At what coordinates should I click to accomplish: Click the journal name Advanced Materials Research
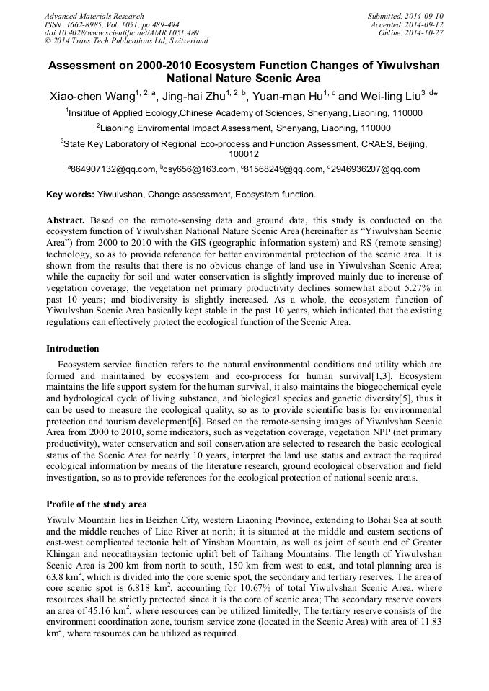(94, 16)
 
